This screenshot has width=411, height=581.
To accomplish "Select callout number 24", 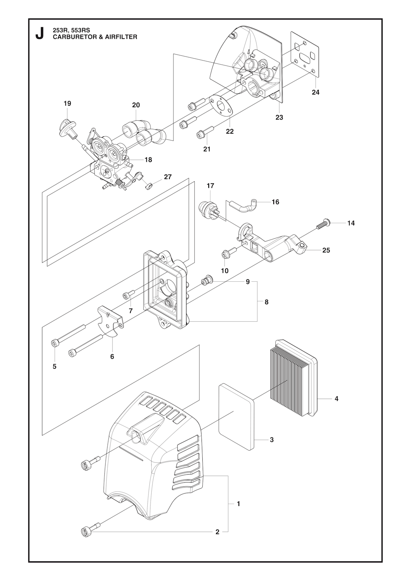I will pyautogui.click(x=315, y=92).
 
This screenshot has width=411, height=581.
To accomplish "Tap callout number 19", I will pyautogui.click(x=67, y=104).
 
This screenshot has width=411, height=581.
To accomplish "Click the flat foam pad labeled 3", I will pyautogui.click(x=237, y=416).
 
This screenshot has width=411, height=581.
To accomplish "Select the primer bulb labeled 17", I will pyautogui.click(x=206, y=209).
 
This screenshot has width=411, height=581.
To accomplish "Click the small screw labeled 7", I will pyautogui.click(x=126, y=296).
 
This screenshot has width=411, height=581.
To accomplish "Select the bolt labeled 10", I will pyautogui.click(x=226, y=254).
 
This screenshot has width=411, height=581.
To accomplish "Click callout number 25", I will pyautogui.click(x=326, y=250).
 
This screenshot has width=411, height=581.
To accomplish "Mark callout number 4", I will pyautogui.click(x=336, y=399).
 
